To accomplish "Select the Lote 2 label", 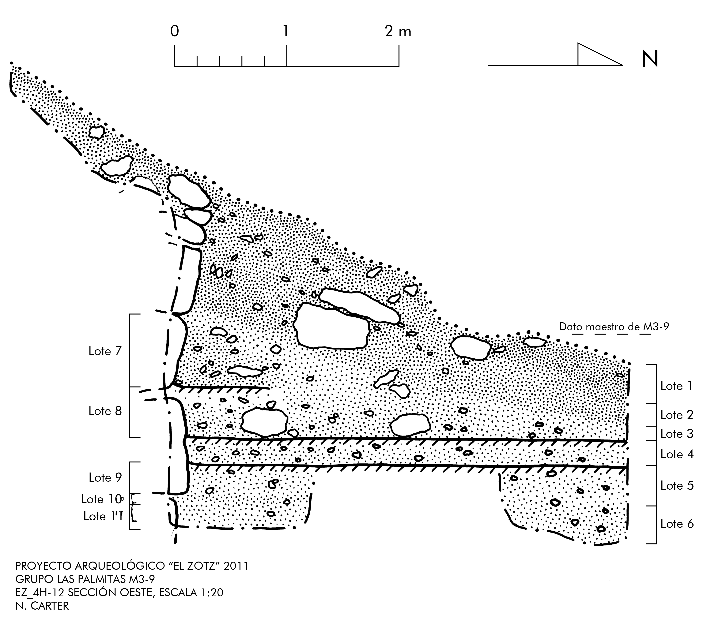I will [x=677, y=415].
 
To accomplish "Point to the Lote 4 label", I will [x=677, y=454].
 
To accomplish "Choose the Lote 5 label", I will [x=677, y=486].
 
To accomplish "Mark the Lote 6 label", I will [x=677, y=524].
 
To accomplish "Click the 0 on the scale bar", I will [x=175, y=32].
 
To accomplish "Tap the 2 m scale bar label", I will [x=398, y=32].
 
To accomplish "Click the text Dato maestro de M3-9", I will [x=614, y=327].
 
